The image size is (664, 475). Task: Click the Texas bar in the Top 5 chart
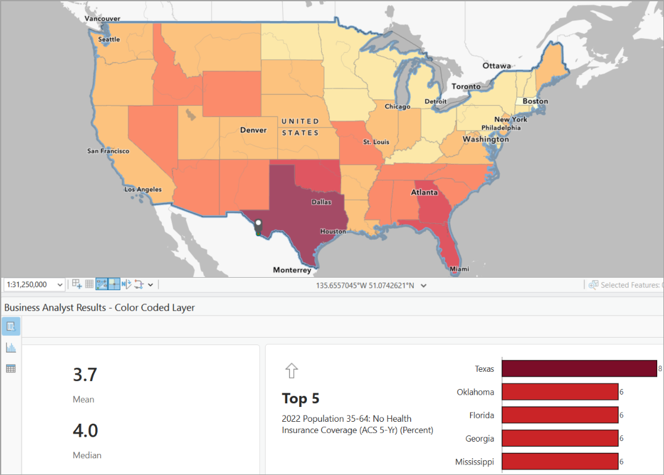pos(579,369)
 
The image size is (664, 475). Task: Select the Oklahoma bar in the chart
pos(560,392)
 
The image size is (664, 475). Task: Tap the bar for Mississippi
pos(560,461)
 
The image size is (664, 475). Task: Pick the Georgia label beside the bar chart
pos(479,439)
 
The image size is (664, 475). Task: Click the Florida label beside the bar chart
pos(480,415)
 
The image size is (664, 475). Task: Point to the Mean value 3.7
pos(85,375)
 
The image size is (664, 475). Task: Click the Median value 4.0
pos(85,430)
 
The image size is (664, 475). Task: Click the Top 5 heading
pos(301,398)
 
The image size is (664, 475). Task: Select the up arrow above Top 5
pos(291,370)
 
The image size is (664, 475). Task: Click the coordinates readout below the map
pos(364,285)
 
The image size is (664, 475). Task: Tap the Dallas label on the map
pos(321,202)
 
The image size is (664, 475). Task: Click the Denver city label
pos(253,130)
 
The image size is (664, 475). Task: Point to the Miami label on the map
pos(459,269)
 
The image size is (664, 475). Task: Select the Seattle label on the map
pos(109,40)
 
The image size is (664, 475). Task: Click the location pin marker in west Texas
pos(258,226)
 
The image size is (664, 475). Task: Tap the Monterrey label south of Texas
pos(292,270)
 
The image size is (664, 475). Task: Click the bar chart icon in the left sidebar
pos(11,348)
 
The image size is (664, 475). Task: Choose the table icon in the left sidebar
pos(11,369)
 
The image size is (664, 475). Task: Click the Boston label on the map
pos(535,101)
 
